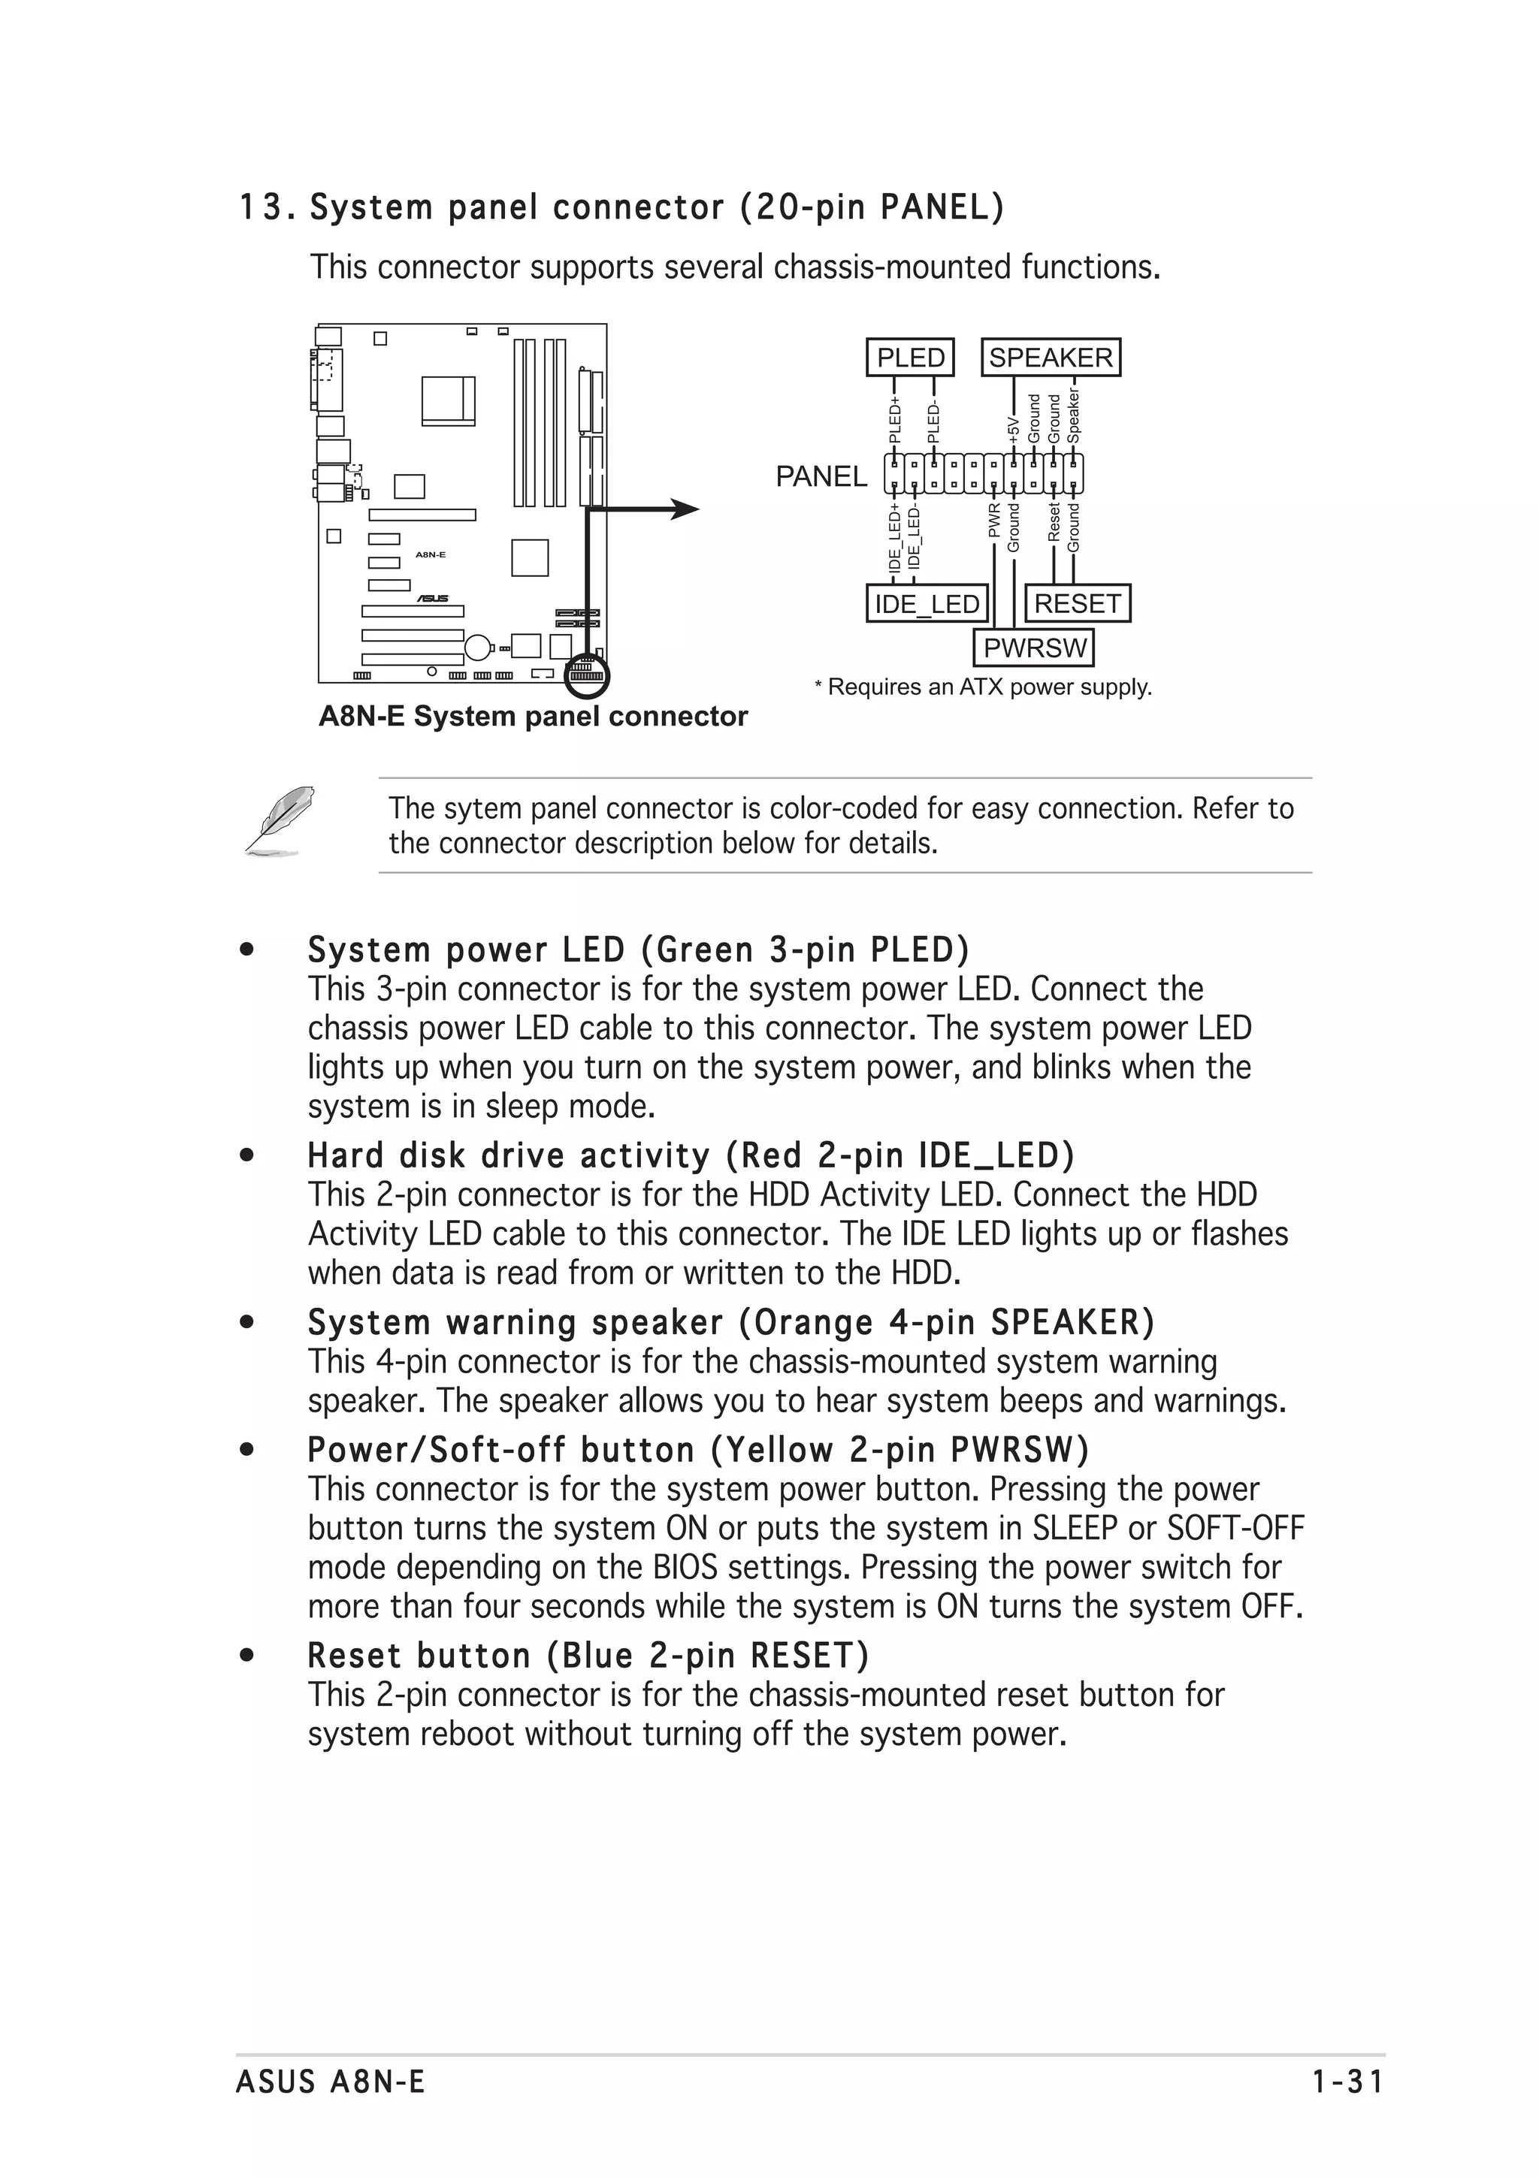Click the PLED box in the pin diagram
pyautogui.click(x=910, y=358)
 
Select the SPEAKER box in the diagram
pyautogui.click(x=1050, y=358)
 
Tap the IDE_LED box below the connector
pyautogui.click(x=927, y=604)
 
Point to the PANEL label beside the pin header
pyautogui.click(x=821, y=476)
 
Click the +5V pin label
pyautogui.click(x=1014, y=429)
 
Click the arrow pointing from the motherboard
pyautogui.click(x=678, y=510)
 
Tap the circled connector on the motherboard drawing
pyautogui.click(x=586, y=675)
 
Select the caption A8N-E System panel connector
pyautogui.click(x=533, y=716)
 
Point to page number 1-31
pyautogui.click(x=1347, y=2082)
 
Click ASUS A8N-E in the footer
pyautogui.click(x=330, y=2082)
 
